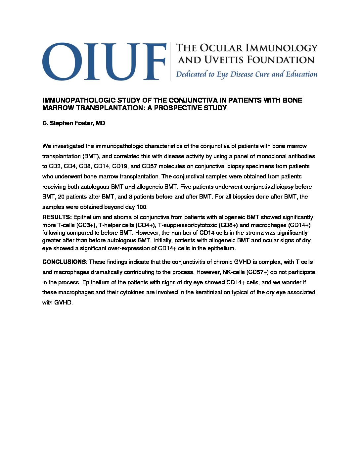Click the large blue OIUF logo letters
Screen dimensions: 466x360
tap(104, 61)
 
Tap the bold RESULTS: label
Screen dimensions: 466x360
tap(57, 217)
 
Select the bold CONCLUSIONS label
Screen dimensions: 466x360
tap(64, 262)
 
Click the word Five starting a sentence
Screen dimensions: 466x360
tap(186, 187)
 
